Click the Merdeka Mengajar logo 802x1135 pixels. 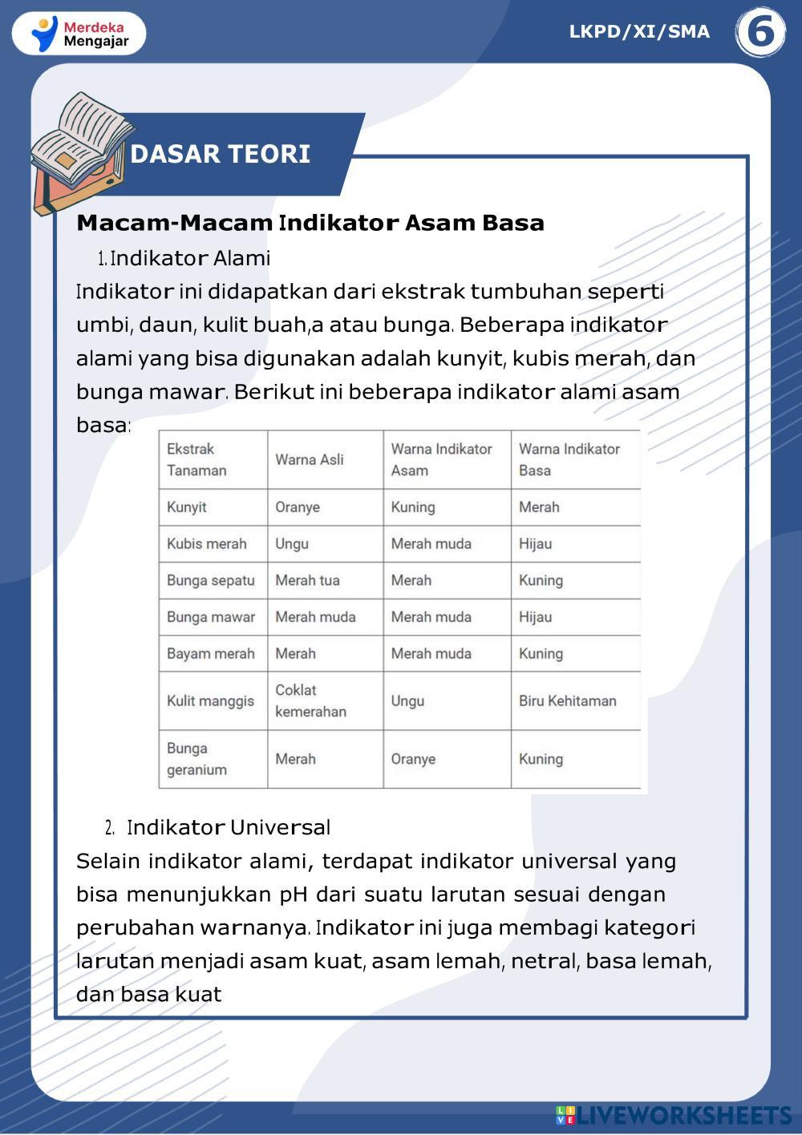tap(79, 34)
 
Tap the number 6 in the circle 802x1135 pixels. tap(759, 33)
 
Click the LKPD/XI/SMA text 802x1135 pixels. tap(639, 32)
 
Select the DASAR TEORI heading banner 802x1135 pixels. tap(221, 154)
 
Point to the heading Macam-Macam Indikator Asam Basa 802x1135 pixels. tap(310, 223)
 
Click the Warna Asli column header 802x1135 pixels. tap(310, 459)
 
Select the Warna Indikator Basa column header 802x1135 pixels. tap(569, 459)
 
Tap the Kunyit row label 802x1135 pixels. tap(187, 507)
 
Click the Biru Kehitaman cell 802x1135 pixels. tap(567, 701)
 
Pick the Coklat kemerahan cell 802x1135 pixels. tap(310, 701)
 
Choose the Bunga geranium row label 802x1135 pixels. tap(196, 759)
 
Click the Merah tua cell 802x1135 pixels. tap(307, 580)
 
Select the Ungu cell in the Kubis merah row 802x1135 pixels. tap(292, 543)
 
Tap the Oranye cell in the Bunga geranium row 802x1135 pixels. tap(413, 759)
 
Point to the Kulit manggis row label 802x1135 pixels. tap(210, 701)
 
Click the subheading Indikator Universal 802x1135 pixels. tap(229, 827)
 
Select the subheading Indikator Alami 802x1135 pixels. tap(190, 258)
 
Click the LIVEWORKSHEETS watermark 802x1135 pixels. tap(674, 1115)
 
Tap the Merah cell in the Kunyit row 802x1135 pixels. tap(539, 507)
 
